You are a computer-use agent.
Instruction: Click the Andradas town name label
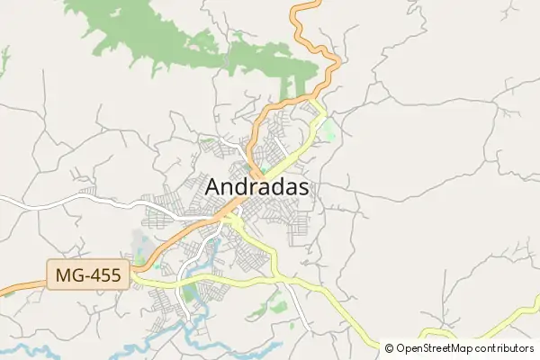pyautogui.click(x=257, y=186)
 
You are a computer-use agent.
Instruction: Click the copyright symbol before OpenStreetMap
pyautogui.click(x=389, y=348)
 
